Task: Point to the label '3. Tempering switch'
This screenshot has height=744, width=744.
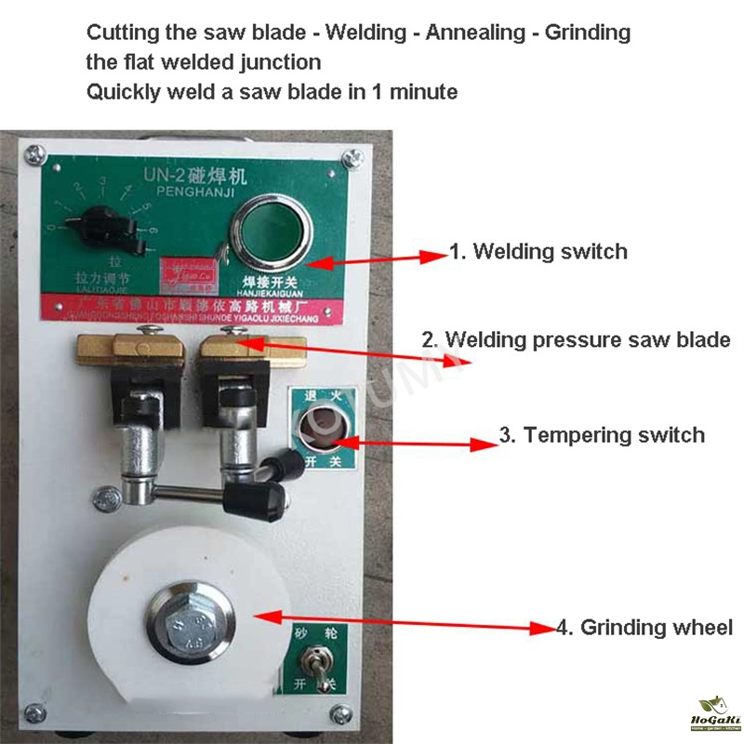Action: (602, 434)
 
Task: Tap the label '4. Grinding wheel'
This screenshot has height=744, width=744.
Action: (644, 627)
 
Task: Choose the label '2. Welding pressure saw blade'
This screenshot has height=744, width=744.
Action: (576, 339)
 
